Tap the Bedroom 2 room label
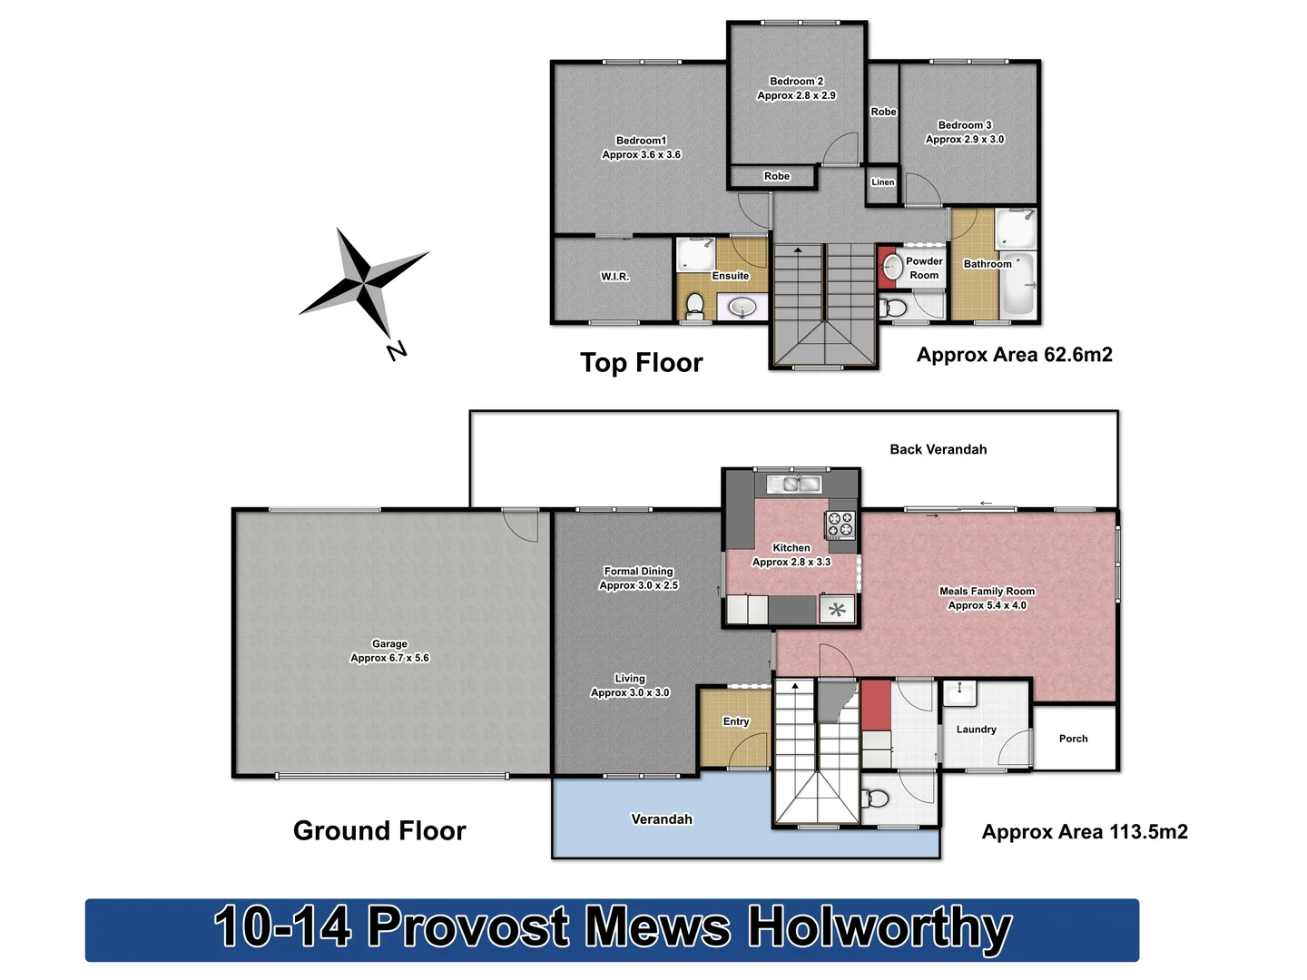[796, 82]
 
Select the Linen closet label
[882, 182]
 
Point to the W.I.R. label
[614, 277]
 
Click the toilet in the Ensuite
[695, 304]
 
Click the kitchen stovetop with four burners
[840, 524]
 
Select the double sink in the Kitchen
[795, 484]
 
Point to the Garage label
[389, 644]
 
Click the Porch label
[1073, 739]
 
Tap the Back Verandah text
[938, 449]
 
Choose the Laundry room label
[976, 730]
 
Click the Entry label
[736, 721]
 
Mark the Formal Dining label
[639, 572]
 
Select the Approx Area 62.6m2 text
[1014, 355]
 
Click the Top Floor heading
[642, 363]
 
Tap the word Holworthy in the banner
[880, 928]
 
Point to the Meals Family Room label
[987, 592]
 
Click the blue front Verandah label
[662, 819]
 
